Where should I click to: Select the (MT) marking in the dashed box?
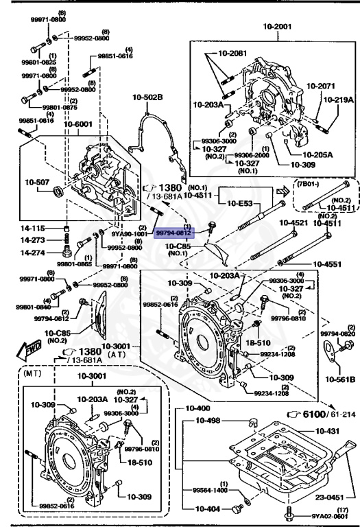[32, 375]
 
